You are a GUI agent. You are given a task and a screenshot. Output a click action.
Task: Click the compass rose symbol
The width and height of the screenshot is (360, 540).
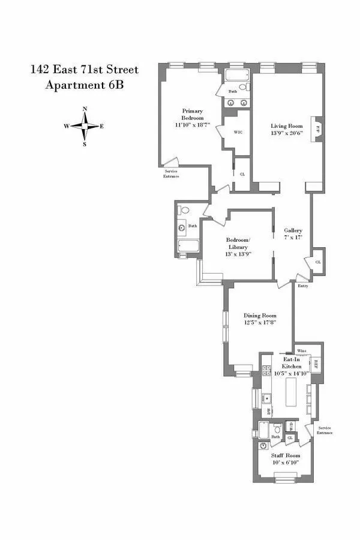point(85,126)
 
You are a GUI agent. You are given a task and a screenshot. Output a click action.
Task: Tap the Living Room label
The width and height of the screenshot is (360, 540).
point(285,126)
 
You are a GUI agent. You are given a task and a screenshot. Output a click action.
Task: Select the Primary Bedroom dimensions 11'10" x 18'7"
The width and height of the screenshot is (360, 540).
point(193,125)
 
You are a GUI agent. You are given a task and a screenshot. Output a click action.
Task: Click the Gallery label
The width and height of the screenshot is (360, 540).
point(293,230)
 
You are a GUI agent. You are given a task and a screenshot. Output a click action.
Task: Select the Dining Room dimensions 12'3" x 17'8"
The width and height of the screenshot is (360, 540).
point(260,323)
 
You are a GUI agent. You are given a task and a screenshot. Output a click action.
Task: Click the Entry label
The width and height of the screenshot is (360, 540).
point(303,286)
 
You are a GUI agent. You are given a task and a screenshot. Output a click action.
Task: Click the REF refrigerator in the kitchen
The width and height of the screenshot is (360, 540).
point(316,364)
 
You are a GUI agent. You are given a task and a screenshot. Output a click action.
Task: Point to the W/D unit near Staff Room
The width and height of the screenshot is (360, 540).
point(291,428)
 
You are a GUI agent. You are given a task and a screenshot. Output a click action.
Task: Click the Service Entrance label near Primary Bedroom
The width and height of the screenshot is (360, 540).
point(171,173)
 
